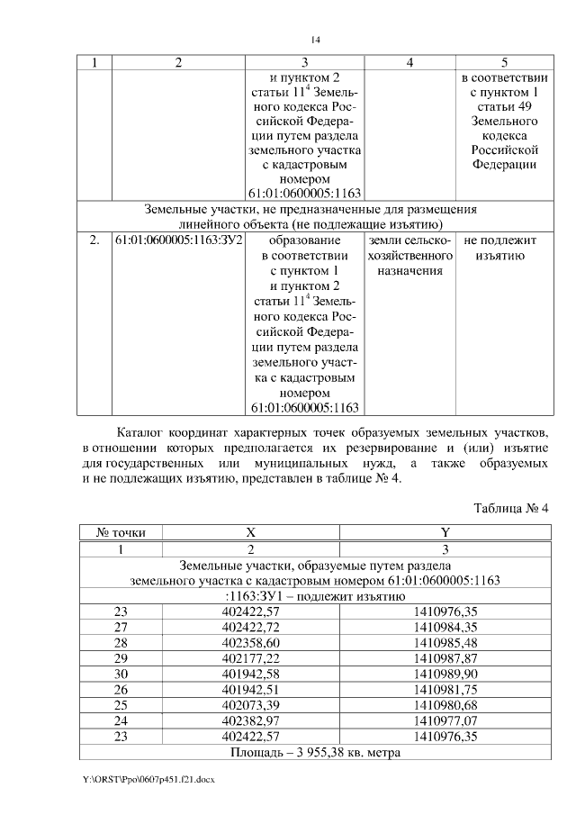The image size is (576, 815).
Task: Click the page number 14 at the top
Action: [x=316, y=40]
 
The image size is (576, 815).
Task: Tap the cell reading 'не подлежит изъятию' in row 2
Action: [x=500, y=249]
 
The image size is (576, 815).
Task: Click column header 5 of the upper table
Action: [x=504, y=62]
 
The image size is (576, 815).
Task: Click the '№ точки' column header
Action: [x=114, y=532]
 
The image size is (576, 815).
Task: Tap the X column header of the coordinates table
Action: [x=251, y=532]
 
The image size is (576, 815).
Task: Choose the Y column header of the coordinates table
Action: [x=445, y=532]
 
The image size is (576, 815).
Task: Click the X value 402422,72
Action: [x=251, y=627]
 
